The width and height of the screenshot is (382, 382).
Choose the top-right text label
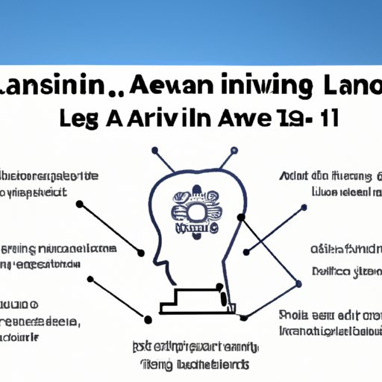coord(328,184)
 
